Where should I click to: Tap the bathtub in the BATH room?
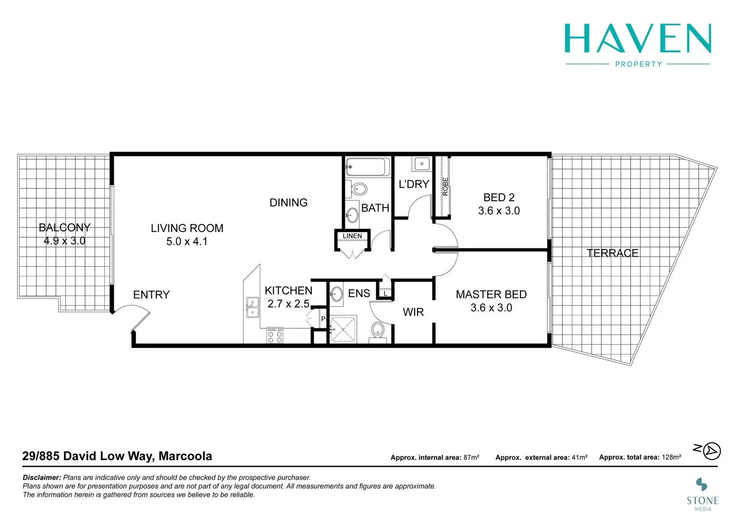tap(367, 167)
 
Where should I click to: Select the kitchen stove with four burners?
tap(275, 336)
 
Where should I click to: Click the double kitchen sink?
tap(252, 308)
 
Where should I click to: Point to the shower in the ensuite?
tap(343, 329)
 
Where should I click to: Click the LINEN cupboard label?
tap(352, 236)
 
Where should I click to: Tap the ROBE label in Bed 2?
tap(445, 187)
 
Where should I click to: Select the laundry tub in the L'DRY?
tap(422, 164)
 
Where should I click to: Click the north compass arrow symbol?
tap(711, 451)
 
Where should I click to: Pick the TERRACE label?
tap(612, 253)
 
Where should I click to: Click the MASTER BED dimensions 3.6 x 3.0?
tap(491, 308)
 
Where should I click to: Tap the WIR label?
tap(413, 312)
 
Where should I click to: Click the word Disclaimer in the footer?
tap(42, 478)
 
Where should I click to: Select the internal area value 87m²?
tap(471, 457)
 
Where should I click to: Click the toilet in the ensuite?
tap(378, 331)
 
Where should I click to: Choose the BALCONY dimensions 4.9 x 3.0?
tap(64, 241)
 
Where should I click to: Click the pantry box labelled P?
tap(323, 319)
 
